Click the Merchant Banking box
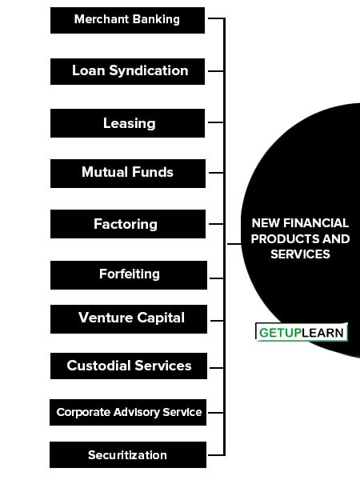tap(127, 20)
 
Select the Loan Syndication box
tap(127, 71)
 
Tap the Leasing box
tap(127, 123)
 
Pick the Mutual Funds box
tap(128, 174)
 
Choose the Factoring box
tap(128, 224)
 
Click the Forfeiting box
tap(129, 275)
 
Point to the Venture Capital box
tap(129, 319)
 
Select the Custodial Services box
tap(129, 366)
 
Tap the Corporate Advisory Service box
tap(128, 412)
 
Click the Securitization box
tap(128, 454)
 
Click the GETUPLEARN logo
tap(302, 332)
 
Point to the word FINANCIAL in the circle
tap(316, 223)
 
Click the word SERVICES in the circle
tap(300, 254)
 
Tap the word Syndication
tap(149, 71)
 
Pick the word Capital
tap(161, 318)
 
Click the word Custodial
tap(99, 366)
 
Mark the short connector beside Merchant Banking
tap(216, 18)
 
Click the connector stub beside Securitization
tap(216, 455)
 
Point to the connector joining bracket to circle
tap(234, 244)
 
